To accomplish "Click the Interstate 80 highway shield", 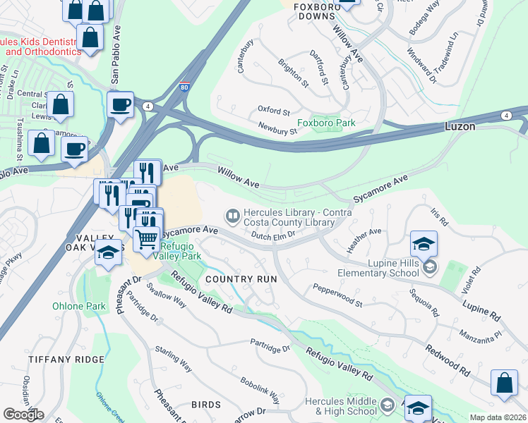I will tap(184, 89).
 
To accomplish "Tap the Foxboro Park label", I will tap(325, 123).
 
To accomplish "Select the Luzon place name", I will tap(460, 127).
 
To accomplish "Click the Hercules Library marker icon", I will tap(232, 214).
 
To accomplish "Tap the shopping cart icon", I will tap(147, 238).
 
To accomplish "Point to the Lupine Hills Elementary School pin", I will tap(431, 267).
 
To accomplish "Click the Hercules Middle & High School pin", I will tap(387, 405).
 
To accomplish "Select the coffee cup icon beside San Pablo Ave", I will tap(120, 104).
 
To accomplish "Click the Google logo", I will tap(23, 415).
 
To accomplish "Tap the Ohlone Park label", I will tap(78, 306).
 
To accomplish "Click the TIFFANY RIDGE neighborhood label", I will tap(66, 360).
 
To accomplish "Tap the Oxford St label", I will tap(273, 111).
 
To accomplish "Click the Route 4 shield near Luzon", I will tap(507, 115).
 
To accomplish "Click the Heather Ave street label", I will tap(364, 239).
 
